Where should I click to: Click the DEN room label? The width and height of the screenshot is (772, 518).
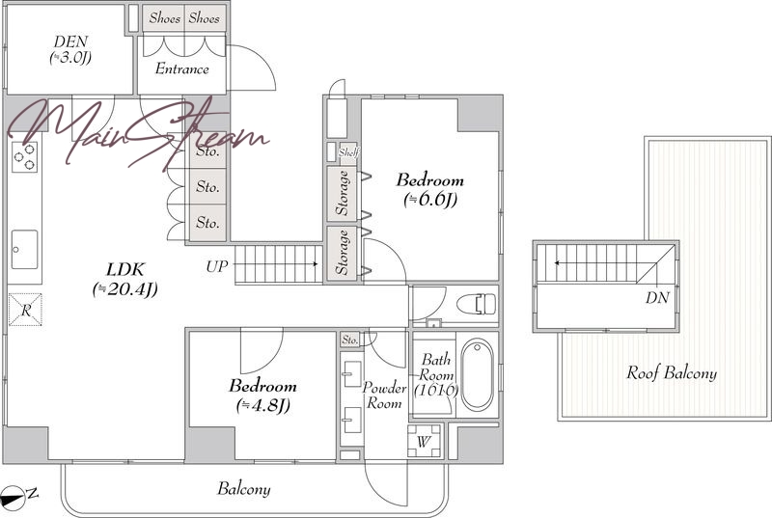[x=71, y=50]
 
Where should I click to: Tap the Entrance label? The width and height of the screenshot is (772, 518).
[x=182, y=68]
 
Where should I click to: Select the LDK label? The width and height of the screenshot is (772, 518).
[x=125, y=280]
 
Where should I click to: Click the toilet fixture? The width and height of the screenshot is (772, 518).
[x=476, y=304]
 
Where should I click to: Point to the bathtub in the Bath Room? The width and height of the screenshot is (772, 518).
[x=477, y=374]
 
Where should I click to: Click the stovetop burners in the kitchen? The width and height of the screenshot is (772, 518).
[x=25, y=156]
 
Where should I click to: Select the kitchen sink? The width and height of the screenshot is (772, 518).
[x=25, y=250]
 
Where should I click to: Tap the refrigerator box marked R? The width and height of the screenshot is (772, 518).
[x=26, y=310]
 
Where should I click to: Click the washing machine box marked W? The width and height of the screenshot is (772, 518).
[x=424, y=441]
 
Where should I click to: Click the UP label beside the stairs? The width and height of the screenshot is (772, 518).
[x=217, y=267]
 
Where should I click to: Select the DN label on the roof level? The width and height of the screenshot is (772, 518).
[x=657, y=298]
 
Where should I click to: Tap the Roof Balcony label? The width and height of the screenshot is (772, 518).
[x=672, y=373]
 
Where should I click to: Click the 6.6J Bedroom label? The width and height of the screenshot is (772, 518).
[x=430, y=189]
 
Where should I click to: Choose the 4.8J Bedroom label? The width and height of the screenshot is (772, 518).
[x=262, y=395]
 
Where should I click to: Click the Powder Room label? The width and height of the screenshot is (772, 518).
[x=384, y=395]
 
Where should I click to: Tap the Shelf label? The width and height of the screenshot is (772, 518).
[x=348, y=152]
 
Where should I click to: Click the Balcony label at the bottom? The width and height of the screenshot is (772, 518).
[x=244, y=489]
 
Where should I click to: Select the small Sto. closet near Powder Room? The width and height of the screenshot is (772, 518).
[x=350, y=340]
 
